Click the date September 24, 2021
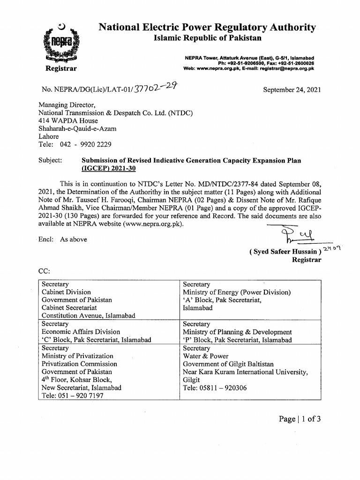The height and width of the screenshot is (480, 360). tap(292, 90)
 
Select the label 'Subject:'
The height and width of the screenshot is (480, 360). tap(50, 160)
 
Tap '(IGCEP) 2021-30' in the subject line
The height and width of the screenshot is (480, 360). tap(110, 168)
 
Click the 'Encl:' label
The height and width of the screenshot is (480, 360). tap(47, 239)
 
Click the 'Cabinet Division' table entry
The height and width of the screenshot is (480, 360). tap(66, 292)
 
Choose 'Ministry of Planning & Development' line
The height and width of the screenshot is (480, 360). tap(237, 332)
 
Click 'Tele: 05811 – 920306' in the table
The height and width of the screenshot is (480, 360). tap(215, 388)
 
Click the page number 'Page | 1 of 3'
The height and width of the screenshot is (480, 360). tap(300, 419)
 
